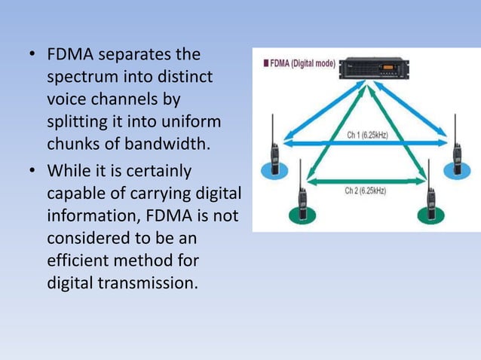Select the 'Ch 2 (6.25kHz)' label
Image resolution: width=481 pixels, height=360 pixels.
point(366,191)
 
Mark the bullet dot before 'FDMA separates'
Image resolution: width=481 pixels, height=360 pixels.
point(32,56)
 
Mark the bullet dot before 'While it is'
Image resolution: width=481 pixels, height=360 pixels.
point(32,172)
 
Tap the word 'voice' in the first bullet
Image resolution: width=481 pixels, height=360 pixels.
point(66,99)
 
